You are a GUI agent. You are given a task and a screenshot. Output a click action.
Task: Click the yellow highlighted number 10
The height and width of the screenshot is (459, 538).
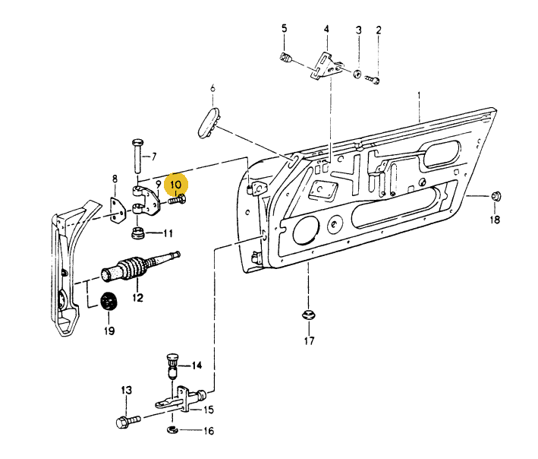176,185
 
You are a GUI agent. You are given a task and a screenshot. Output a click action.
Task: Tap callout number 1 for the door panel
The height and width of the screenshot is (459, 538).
418,96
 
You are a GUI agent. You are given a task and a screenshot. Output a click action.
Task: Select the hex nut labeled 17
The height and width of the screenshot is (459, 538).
308,314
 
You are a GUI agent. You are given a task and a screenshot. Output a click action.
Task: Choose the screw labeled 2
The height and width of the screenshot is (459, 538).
372,79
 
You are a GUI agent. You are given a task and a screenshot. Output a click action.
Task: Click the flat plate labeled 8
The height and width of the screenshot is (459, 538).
118,209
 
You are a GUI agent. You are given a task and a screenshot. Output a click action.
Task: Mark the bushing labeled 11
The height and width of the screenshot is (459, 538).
139,232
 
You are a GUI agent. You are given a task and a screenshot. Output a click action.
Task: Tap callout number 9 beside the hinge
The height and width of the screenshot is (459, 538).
159,183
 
